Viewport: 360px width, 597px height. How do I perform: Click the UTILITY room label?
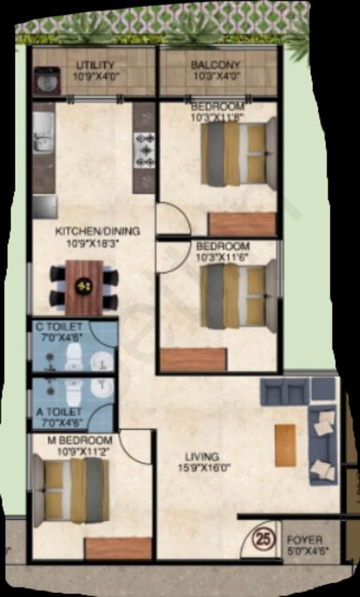click(96, 65)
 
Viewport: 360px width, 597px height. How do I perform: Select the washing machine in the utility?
click(45, 79)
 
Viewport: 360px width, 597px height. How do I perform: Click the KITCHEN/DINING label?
click(97, 231)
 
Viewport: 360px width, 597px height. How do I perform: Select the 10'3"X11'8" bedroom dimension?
click(217, 117)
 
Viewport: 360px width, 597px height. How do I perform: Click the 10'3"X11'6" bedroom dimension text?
click(222, 257)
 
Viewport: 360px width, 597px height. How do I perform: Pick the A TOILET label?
click(59, 412)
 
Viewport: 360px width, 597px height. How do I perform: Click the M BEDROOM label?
click(85, 441)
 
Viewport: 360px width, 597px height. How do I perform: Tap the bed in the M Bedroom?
click(71, 490)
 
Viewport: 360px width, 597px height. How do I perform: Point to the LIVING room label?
click(202, 457)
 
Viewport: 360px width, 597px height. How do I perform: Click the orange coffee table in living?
click(285, 445)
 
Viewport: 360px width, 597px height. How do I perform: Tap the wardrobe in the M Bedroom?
click(119, 548)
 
